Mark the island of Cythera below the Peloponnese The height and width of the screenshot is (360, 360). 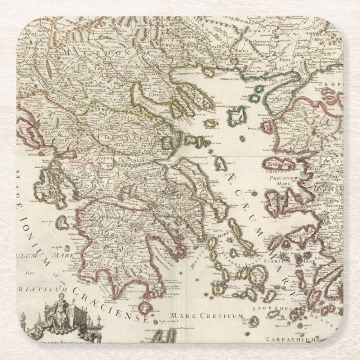click(x=146, y=307)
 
